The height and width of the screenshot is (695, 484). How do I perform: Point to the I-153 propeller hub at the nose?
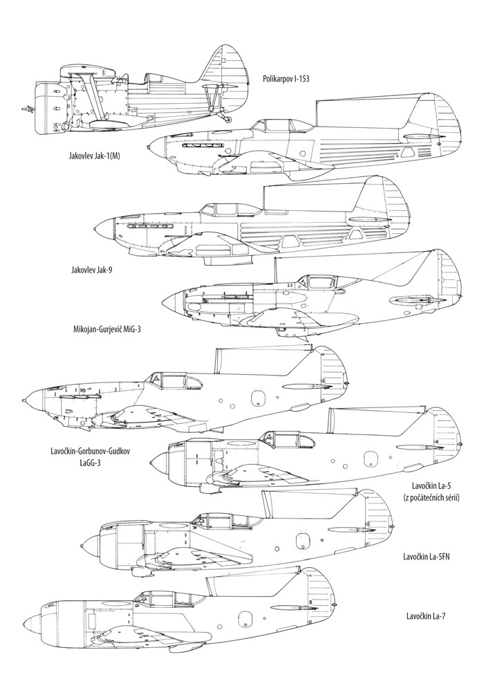point(28,109)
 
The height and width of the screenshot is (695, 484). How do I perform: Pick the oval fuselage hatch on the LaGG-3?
point(258,398)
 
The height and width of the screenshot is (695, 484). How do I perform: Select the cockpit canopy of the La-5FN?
point(214,520)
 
